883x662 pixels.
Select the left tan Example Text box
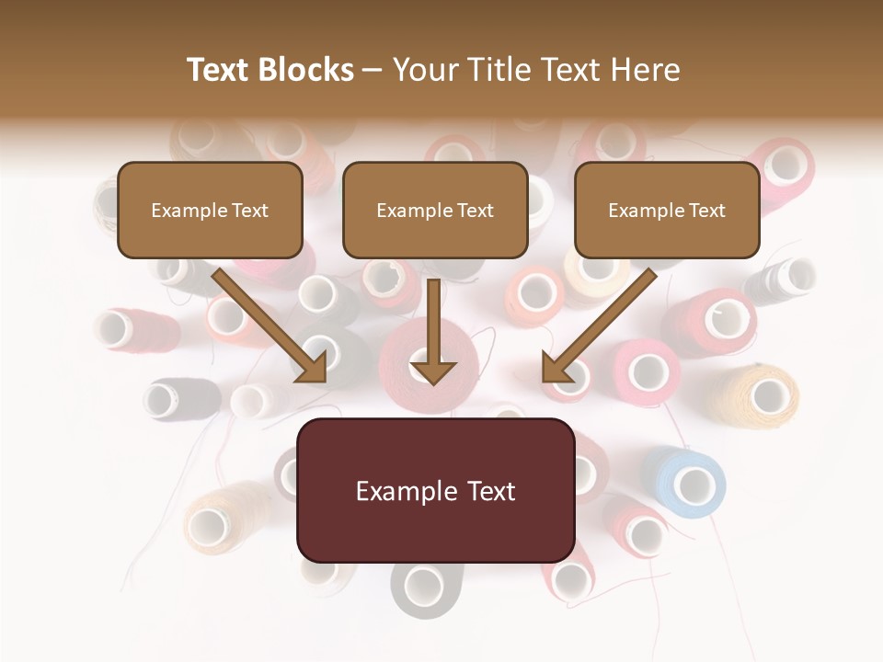tap(210, 211)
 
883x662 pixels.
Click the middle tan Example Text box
tap(435, 211)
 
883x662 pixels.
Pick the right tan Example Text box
tap(667, 211)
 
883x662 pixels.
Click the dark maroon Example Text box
tap(435, 490)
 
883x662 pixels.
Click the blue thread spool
tap(685, 481)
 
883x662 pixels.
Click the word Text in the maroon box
tap(486, 491)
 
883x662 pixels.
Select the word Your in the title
tap(426, 70)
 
